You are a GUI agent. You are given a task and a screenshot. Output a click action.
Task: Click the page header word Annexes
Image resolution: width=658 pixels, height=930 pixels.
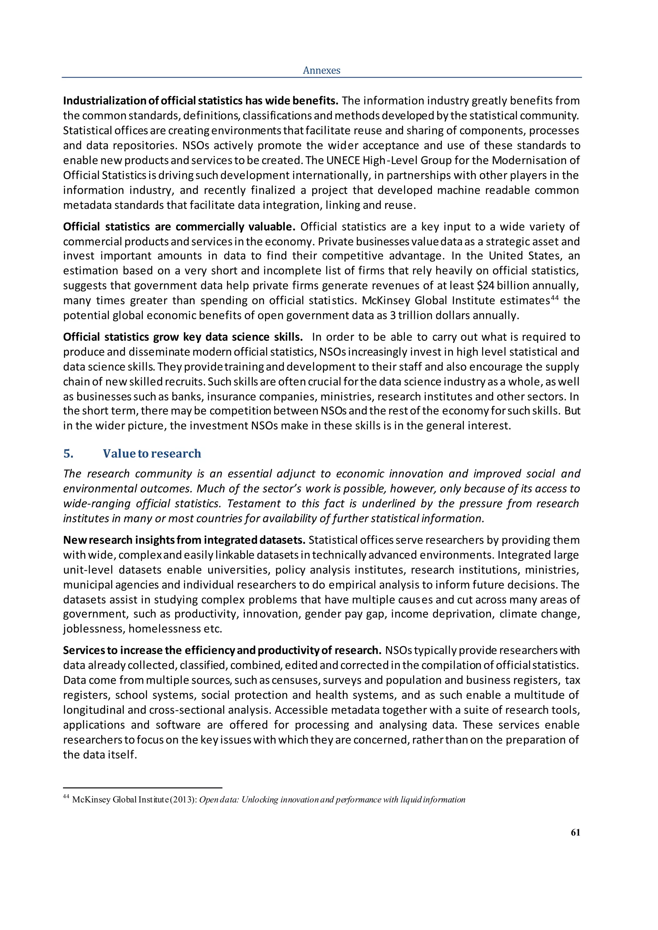[x=321, y=70]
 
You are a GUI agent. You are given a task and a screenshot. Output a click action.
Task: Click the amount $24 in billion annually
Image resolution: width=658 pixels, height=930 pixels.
[x=485, y=285]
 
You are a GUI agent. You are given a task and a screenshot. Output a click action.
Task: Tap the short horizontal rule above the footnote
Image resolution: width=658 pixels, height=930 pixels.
[x=143, y=788]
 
